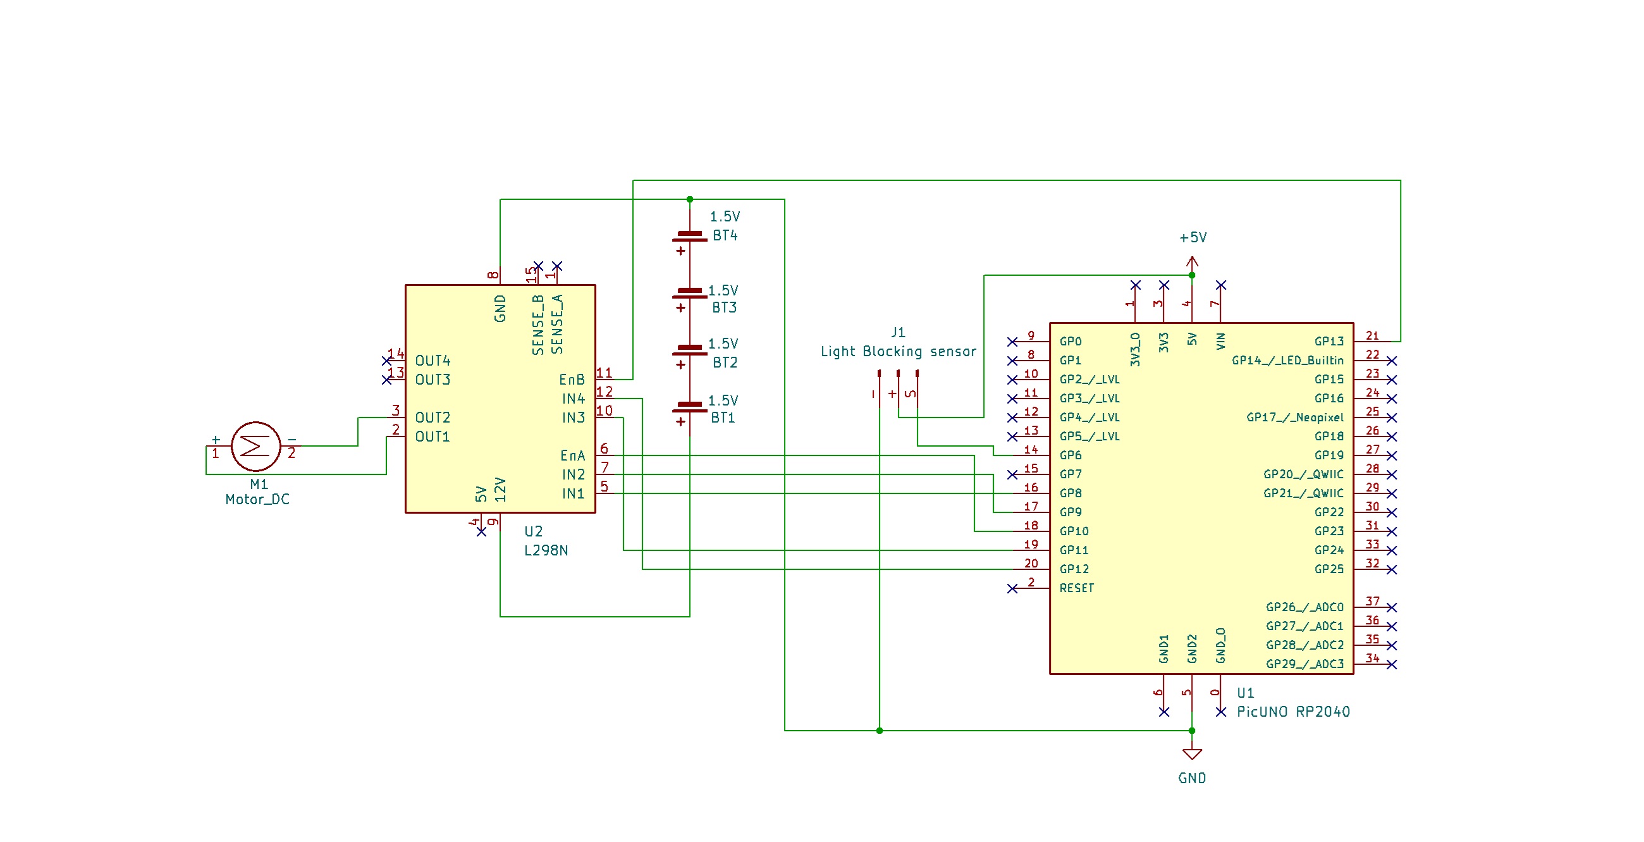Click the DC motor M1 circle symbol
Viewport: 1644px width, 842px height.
(256, 446)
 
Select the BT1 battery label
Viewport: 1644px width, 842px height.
(723, 418)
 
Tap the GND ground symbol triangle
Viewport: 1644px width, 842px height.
(1191, 754)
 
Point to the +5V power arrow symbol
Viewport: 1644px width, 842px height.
(1191, 261)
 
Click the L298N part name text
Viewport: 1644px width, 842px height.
(546, 550)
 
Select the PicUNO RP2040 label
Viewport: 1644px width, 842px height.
(1293, 712)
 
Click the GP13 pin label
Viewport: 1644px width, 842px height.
(1328, 342)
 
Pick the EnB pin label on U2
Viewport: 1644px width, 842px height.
(571, 380)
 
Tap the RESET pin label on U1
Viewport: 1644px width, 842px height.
(1076, 588)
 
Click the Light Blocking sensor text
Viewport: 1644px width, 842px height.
(898, 352)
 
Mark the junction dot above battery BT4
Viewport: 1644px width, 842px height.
(689, 200)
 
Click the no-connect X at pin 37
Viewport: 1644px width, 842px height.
(1392, 607)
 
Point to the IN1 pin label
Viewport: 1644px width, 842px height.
(572, 493)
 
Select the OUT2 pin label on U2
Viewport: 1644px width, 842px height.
(432, 418)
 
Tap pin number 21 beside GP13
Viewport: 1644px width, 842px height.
(1372, 336)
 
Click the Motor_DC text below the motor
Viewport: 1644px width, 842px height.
(257, 500)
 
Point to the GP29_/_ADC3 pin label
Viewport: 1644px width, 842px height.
(1304, 664)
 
